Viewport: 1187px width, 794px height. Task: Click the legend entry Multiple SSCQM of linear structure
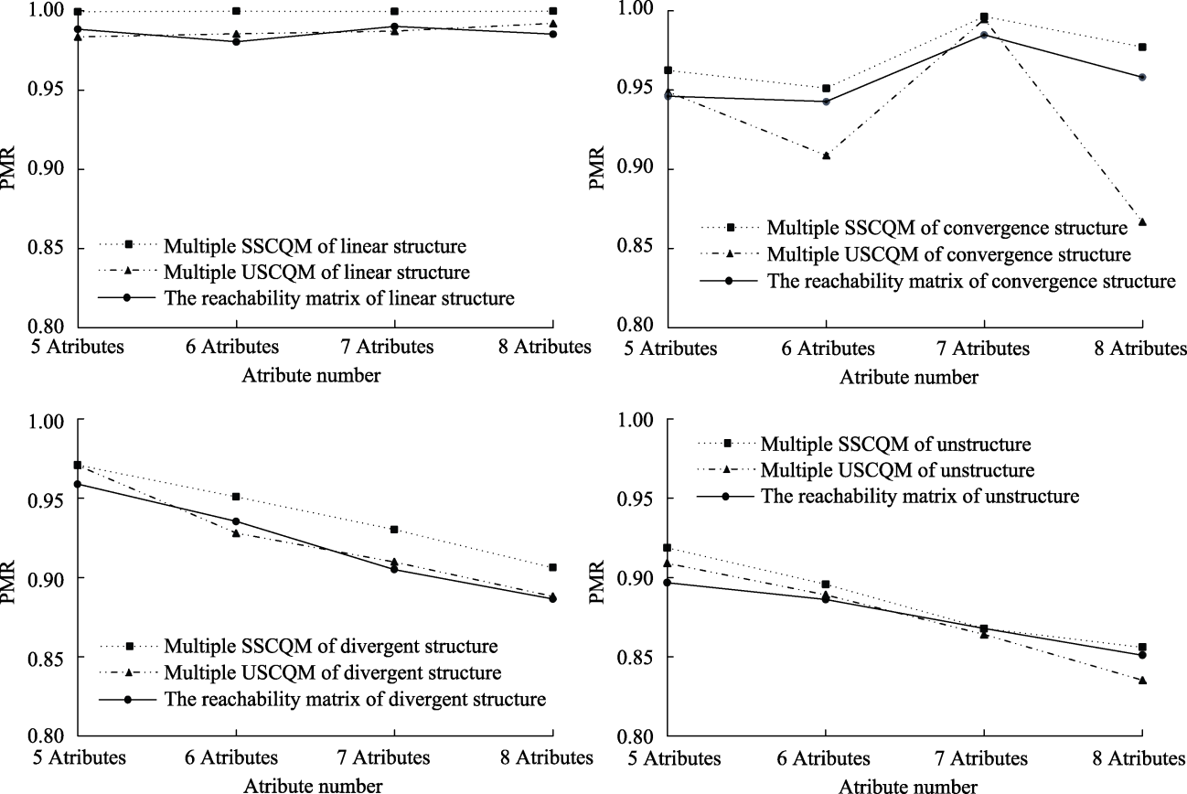[315, 245]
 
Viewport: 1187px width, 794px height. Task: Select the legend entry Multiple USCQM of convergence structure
[948, 252]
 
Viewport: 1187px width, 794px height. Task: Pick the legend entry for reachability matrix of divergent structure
[354, 700]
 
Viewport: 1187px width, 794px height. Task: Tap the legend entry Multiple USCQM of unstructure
[897, 470]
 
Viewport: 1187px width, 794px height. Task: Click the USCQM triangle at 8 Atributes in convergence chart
[1142, 221]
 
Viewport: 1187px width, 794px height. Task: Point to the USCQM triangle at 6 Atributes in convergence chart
[826, 156]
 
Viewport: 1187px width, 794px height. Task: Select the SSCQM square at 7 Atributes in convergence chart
[984, 16]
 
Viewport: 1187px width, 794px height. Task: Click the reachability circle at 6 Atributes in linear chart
[236, 41]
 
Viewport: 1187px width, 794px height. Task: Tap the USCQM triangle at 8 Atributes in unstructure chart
[1142, 681]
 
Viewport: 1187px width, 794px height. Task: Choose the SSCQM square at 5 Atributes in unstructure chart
[667, 547]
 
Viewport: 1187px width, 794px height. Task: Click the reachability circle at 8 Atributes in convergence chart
[1142, 77]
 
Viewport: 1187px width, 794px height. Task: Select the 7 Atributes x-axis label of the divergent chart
[394, 758]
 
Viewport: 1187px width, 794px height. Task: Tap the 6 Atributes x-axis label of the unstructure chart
[826, 758]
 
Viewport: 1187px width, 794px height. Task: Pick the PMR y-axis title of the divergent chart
[12, 578]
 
